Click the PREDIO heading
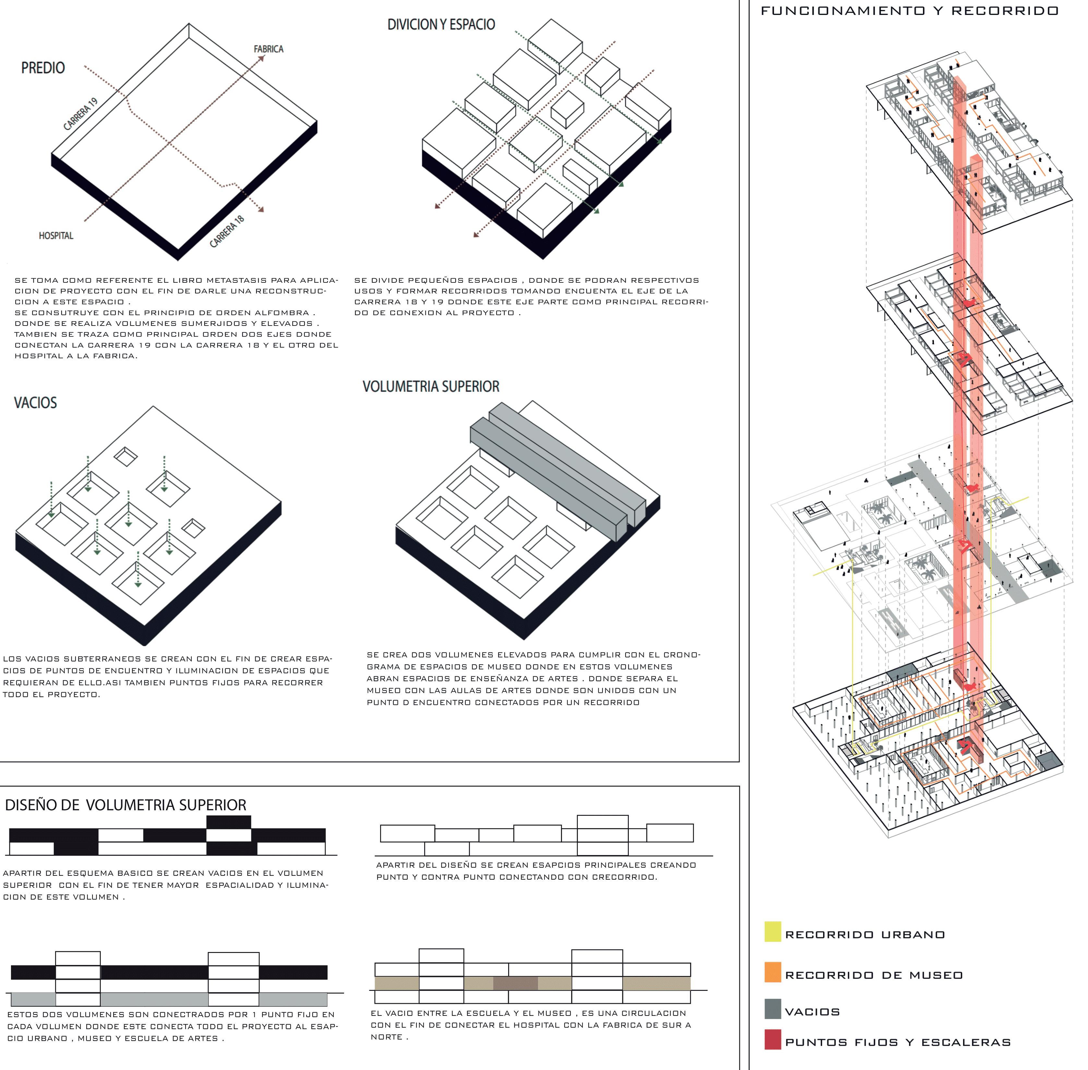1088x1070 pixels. click(43, 68)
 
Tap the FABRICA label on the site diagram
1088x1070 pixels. click(268, 49)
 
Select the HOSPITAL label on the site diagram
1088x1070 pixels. click(56, 235)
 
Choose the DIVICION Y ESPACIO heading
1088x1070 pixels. click(441, 24)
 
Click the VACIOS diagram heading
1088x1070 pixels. click(35, 402)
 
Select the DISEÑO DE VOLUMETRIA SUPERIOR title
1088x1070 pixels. click(125, 805)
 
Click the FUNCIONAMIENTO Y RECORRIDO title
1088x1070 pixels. click(909, 11)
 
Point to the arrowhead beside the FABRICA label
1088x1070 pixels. click(261, 58)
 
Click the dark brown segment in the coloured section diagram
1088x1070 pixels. click(515, 983)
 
